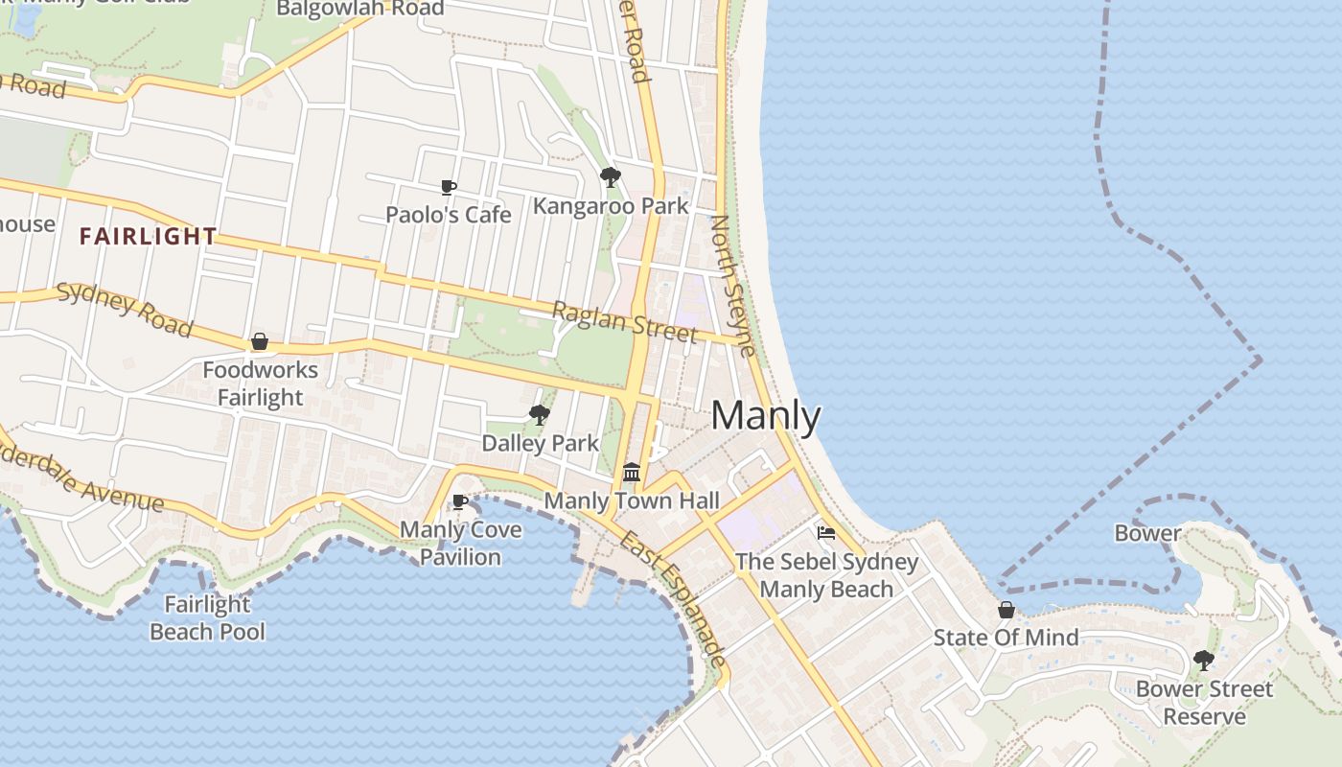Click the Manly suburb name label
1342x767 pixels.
[x=766, y=416]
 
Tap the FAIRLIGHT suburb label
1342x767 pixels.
[x=149, y=236]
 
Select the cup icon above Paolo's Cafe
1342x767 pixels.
[x=448, y=187]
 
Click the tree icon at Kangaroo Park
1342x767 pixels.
[x=610, y=177]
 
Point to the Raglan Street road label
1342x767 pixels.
[x=624, y=321]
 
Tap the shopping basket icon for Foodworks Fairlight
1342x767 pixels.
[x=259, y=341]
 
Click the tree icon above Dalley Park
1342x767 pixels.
[x=540, y=415]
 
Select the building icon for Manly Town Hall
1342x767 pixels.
[x=632, y=472]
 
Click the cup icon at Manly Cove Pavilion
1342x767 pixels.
[x=460, y=501]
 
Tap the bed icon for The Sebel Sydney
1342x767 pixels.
[x=826, y=533]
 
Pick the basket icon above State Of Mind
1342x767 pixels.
[x=1006, y=610]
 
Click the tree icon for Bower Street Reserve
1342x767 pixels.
[x=1204, y=661]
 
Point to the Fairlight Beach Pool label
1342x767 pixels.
[x=207, y=618]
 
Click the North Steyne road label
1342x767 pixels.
[x=733, y=285]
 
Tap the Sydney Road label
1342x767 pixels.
[x=124, y=310]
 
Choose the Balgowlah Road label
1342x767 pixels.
[x=359, y=9]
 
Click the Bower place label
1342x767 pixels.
[x=1147, y=533]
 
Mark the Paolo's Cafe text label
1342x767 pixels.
[x=449, y=214]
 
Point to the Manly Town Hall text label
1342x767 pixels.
[x=632, y=500]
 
